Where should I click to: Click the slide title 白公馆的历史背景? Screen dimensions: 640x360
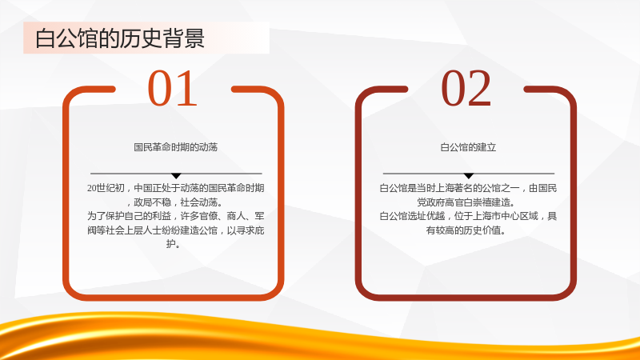coord(119,38)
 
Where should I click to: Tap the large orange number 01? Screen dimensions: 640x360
coord(172,88)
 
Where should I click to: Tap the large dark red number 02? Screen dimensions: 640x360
coord(466,88)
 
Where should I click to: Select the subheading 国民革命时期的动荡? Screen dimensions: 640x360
coord(176,147)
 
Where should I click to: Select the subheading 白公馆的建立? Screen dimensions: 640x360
coord(468,147)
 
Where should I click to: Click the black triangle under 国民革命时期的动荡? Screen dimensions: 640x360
coord(176,176)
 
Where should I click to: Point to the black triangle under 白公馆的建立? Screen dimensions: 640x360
coord(469,176)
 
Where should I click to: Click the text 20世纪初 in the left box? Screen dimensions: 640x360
coord(106,188)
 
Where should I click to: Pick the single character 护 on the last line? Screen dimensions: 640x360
coord(171,244)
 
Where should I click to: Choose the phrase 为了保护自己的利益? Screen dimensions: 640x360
coord(129,216)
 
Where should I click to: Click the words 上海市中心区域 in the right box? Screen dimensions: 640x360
coord(506,216)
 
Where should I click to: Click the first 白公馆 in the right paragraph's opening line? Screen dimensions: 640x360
coord(394,188)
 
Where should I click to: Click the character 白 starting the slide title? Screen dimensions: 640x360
coord(45,38)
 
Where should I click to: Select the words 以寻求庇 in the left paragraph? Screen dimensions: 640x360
coord(246,230)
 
